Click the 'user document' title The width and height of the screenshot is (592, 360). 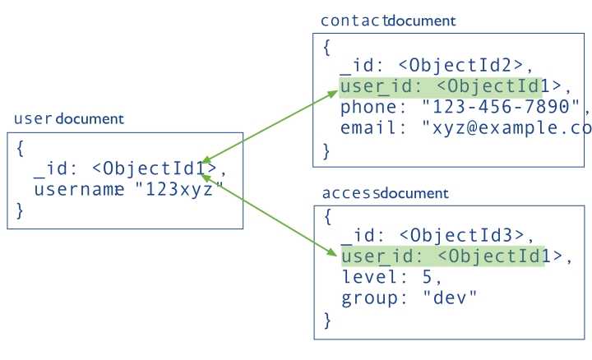(68, 119)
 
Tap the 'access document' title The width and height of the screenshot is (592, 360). (385, 193)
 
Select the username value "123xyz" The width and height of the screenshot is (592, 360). (179, 190)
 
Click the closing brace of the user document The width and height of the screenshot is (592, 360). (21, 211)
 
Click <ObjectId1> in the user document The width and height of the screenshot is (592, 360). (156, 169)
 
